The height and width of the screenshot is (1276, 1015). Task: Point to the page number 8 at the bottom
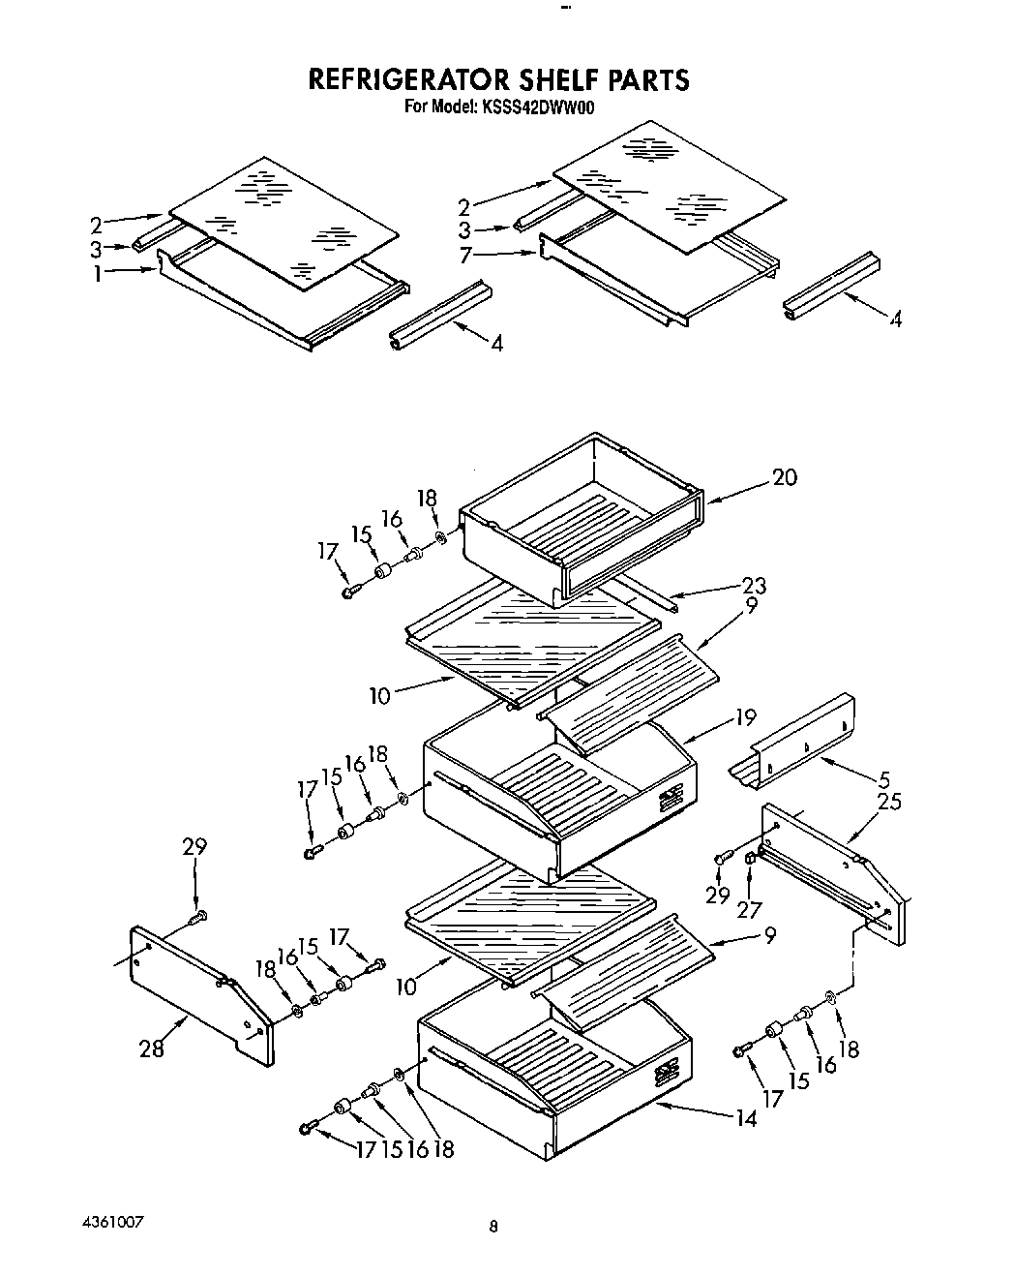coord(493,1227)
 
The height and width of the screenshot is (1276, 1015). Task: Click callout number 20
coord(785,477)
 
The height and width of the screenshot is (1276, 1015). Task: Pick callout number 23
coord(753,585)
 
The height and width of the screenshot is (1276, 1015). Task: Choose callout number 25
coord(888,802)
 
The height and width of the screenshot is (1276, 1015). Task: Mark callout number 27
coord(749,909)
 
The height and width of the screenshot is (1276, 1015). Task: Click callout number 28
coord(151,1048)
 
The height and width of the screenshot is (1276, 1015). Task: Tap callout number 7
coord(465,255)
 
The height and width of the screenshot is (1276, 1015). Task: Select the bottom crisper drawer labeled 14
coord(552,1075)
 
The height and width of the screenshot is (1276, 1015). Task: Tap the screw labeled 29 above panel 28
coord(200,915)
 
